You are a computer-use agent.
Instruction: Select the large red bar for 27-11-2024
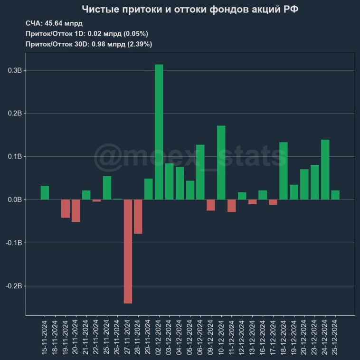(128, 251)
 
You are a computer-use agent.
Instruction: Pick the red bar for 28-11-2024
(138, 217)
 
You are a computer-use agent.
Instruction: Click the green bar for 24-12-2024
(325, 170)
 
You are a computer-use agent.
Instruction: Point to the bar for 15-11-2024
(45, 192)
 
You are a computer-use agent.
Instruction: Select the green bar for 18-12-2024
(284, 171)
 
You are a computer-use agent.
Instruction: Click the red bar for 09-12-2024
(210, 205)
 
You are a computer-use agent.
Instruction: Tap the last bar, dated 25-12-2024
(335, 195)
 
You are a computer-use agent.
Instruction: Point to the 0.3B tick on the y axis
(15, 70)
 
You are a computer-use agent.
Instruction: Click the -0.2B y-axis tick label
(14, 286)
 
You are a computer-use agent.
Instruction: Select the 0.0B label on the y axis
(15, 200)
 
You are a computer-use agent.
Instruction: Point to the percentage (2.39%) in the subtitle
(140, 44)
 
